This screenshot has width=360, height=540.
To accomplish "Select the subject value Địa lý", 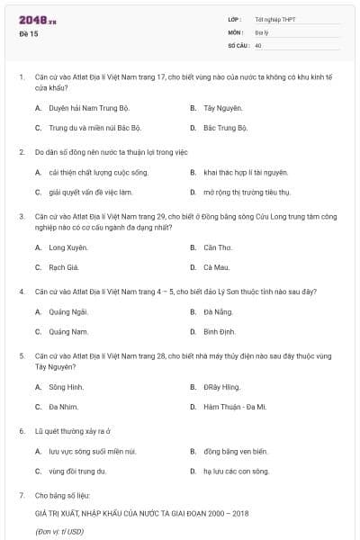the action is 261,31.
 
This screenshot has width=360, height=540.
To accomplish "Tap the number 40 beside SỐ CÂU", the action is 258,44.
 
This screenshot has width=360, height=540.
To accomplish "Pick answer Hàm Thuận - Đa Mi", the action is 235,407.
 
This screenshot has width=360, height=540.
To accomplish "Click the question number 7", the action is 22,495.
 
